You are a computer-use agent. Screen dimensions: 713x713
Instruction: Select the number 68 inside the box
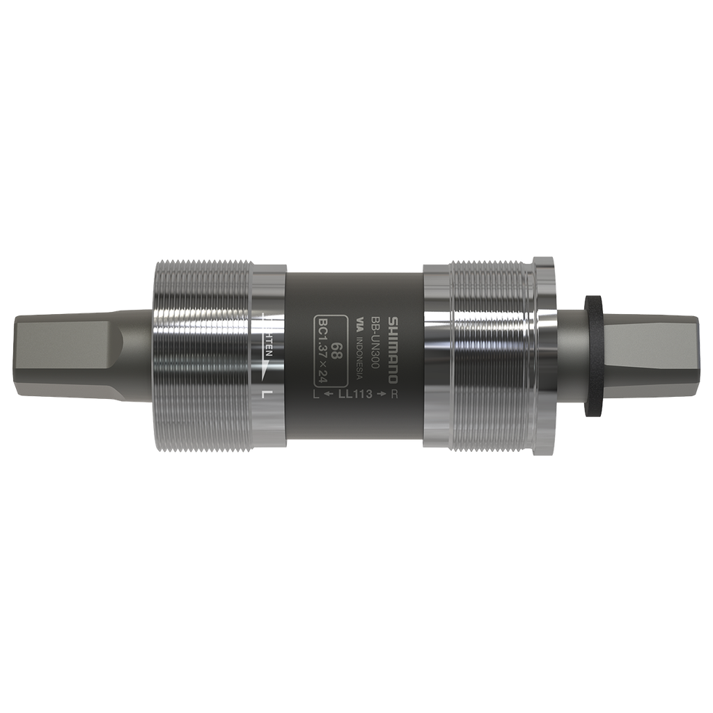click(x=336, y=350)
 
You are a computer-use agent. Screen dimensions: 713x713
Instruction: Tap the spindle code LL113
click(x=356, y=395)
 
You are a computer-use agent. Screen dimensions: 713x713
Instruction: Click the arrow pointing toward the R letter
click(x=381, y=395)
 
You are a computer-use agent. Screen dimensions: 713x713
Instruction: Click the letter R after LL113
click(x=395, y=395)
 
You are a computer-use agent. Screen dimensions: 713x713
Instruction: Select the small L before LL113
click(x=317, y=395)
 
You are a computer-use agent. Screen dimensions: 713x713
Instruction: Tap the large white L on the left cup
click(x=266, y=394)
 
